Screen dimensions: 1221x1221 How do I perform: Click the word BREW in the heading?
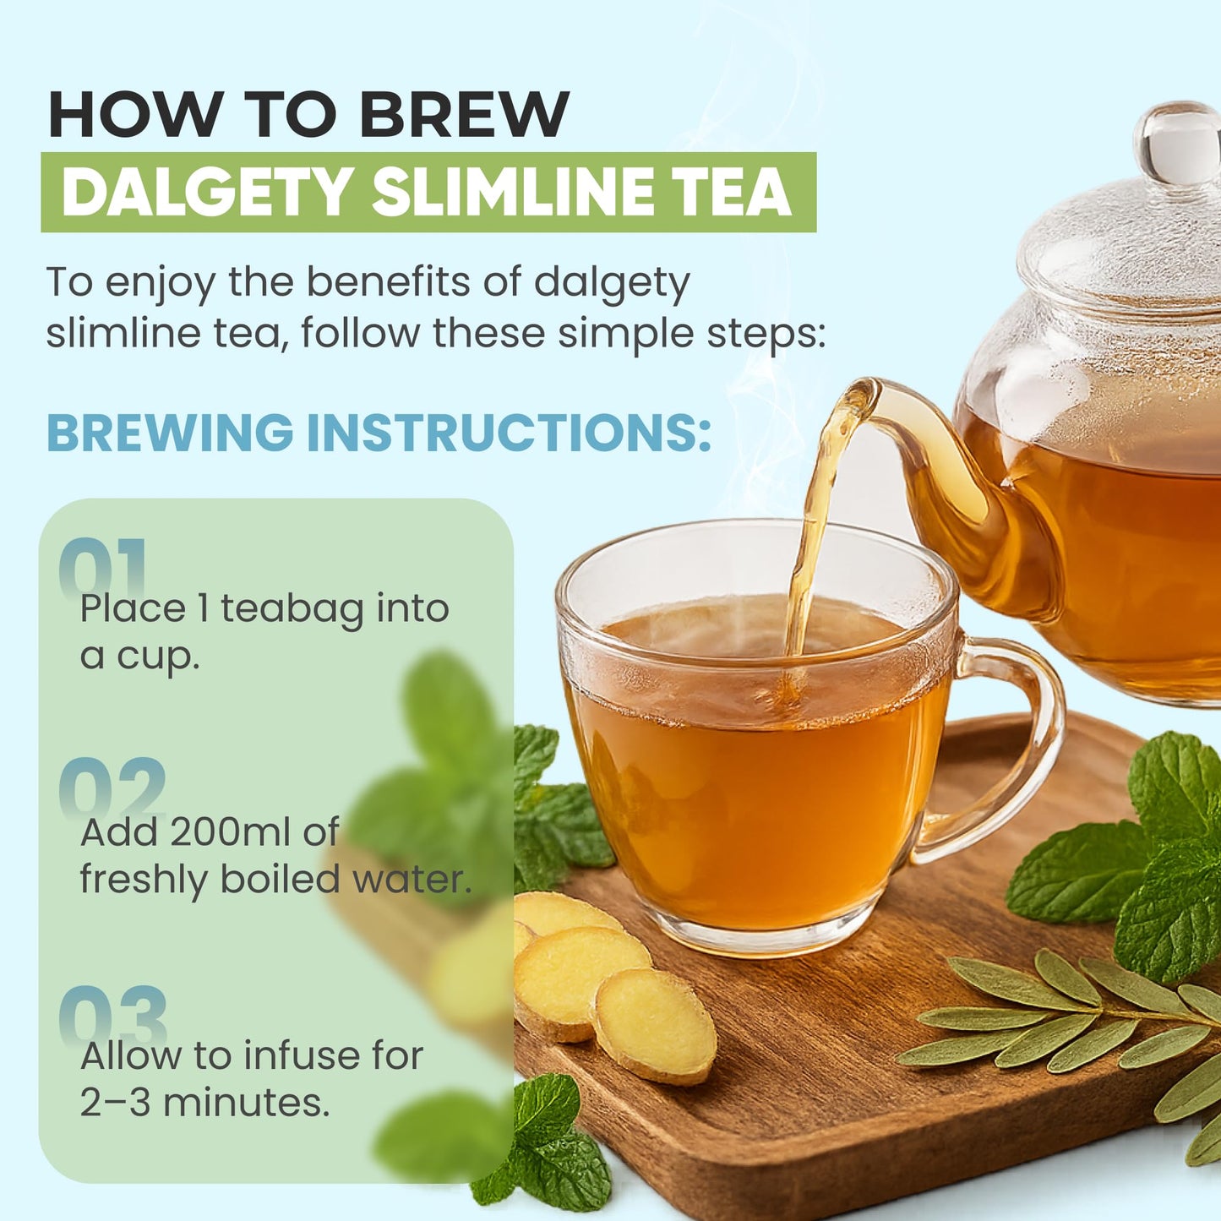465,114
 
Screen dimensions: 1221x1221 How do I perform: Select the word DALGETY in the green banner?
207,193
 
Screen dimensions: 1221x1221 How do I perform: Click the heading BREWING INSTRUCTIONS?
379,433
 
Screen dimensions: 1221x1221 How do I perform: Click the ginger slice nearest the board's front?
654,1027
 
